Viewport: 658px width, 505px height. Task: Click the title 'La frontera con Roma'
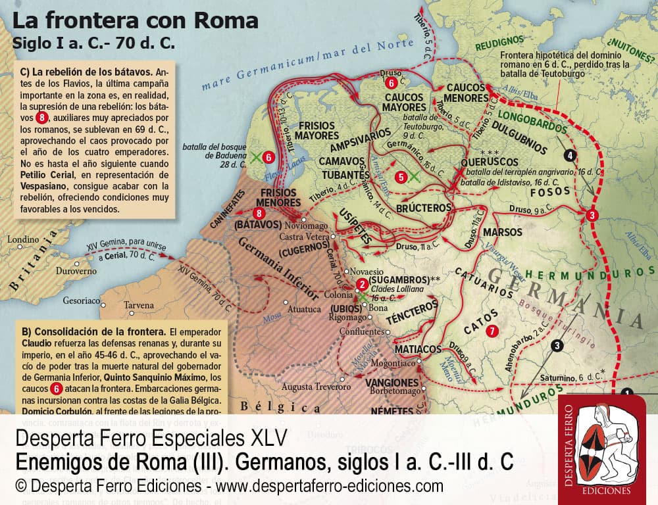coord(136,21)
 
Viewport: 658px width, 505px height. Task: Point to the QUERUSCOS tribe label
coord(489,160)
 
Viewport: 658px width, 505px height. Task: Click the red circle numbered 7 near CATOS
coord(491,331)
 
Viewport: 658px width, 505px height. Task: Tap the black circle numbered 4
coord(570,155)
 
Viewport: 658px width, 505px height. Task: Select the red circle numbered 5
coord(401,176)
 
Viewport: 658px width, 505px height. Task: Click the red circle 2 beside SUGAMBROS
coord(361,285)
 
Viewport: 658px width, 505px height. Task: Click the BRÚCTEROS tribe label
coord(424,208)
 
